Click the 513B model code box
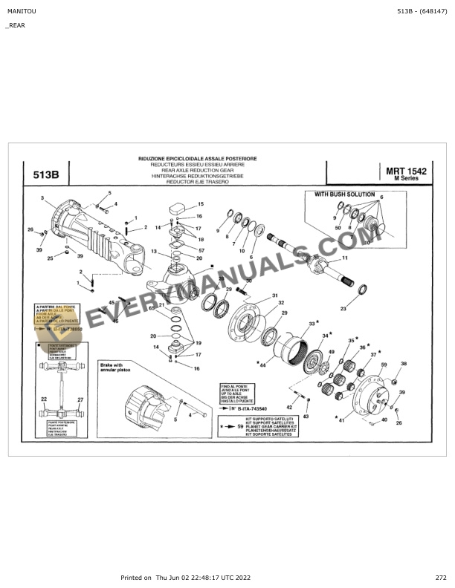(x=46, y=176)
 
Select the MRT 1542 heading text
(x=407, y=171)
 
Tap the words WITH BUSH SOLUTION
(x=344, y=195)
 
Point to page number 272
(x=441, y=578)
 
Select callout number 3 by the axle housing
(x=43, y=198)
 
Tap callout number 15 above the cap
(x=200, y=203)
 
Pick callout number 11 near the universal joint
(x=344, y=258)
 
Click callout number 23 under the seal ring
(x=343, y=308)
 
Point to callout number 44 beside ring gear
(x=262, y=365)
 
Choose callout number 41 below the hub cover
(x=341, y=421)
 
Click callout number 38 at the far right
(x=404, y=363)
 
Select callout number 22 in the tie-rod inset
(x=44, y=399)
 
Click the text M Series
(x=407, y=180)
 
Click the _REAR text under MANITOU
(x=15, y=25)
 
